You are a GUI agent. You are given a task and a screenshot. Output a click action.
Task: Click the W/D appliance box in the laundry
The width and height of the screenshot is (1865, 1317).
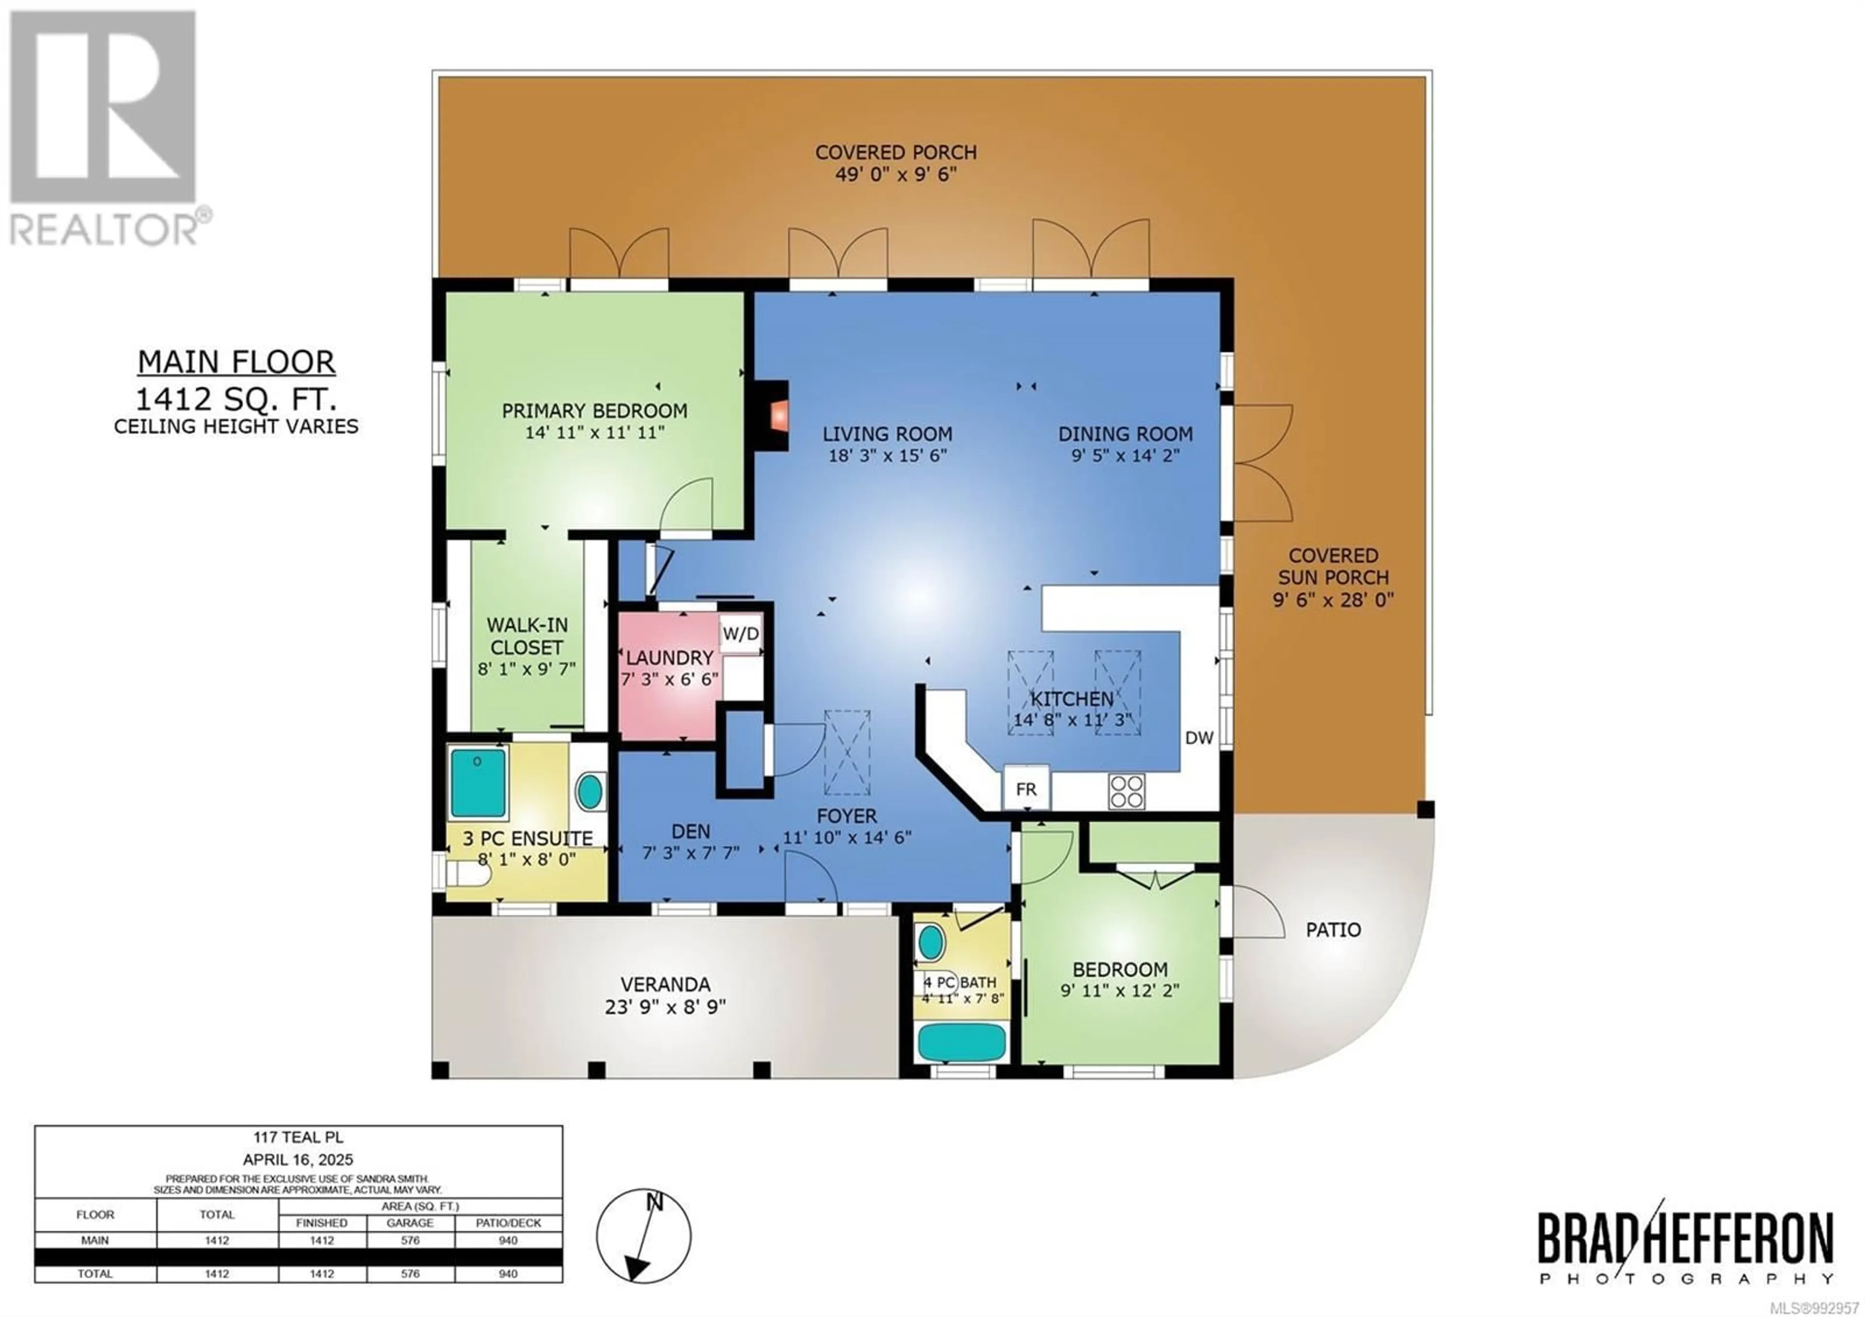741,633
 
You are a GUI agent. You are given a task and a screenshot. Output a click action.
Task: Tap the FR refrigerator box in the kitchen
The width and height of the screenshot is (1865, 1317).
1026,789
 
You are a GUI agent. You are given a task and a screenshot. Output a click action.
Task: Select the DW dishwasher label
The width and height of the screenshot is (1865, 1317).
1199,737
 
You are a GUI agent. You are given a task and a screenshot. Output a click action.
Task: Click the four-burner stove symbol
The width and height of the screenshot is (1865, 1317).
1127,790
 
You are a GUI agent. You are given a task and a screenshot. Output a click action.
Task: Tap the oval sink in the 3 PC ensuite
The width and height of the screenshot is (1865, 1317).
591,790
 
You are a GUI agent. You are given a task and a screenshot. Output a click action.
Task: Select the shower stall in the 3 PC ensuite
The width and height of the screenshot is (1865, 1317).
477,782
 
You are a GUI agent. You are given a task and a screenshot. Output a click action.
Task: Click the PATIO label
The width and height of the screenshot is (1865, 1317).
1334,929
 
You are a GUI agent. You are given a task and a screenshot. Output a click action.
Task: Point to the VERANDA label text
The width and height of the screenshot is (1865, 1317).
665,984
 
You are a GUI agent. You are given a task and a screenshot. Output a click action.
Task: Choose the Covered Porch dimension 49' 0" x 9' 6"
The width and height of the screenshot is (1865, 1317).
896,174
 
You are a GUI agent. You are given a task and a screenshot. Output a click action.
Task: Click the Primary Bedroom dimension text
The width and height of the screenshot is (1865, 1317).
594,433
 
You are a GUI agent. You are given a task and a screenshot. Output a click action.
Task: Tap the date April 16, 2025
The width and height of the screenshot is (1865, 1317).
298,1160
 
